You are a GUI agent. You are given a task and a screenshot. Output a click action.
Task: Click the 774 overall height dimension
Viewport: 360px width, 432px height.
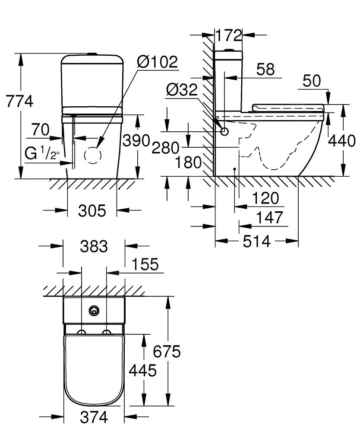click(19, 102)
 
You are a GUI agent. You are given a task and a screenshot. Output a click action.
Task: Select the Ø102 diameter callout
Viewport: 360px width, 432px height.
click(157, 62)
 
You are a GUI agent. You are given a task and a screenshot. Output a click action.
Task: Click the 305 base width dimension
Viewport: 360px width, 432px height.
click(92, 211)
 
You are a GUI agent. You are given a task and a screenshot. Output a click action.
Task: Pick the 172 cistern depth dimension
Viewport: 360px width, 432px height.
click(228, 35)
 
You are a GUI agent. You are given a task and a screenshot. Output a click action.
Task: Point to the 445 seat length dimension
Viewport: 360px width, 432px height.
click(143, 370)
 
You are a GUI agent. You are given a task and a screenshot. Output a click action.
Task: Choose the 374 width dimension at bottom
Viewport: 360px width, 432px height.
click(94, 417)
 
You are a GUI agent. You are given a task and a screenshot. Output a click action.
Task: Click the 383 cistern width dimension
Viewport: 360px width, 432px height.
click(94, 247)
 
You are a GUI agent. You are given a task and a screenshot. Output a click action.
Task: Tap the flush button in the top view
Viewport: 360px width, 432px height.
click(94, 311)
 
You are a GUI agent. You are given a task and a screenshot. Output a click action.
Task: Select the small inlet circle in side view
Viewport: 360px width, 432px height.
click(224, 131)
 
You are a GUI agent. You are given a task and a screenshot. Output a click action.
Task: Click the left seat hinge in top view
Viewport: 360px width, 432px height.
click(81, 332)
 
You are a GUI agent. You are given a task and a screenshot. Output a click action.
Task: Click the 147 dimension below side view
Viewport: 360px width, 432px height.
click(270, 217)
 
